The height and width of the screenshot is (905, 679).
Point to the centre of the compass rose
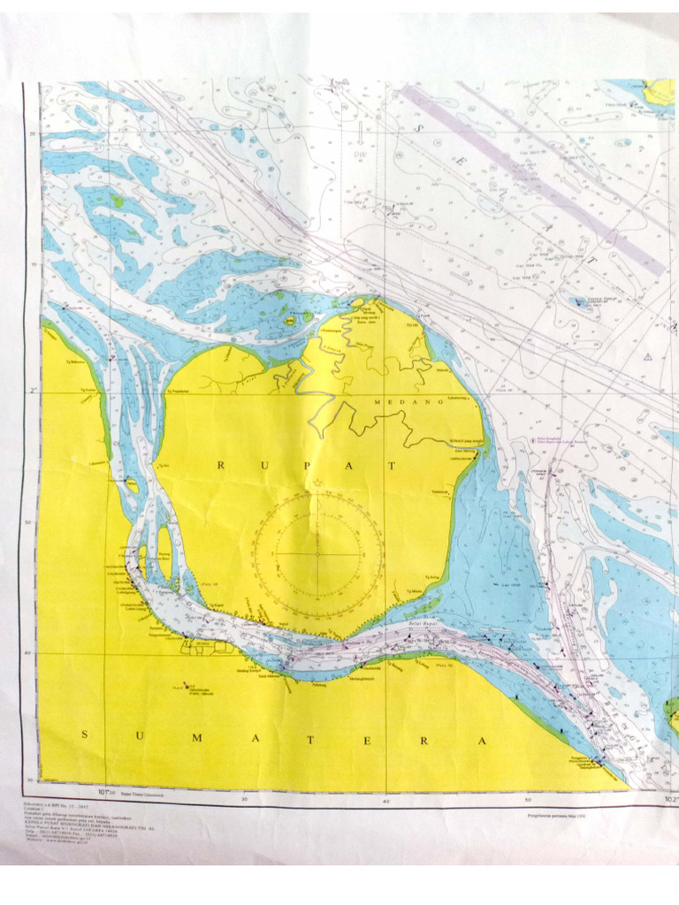pyautogui.click(x=317, y=553)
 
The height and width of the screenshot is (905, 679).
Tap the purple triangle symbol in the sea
pyautogui.click(x=648, y=356)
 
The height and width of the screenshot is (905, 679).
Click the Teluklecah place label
pyautogui.click(x=439, y=491)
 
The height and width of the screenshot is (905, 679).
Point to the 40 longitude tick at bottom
pyautogui.click(x=386, y=801)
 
